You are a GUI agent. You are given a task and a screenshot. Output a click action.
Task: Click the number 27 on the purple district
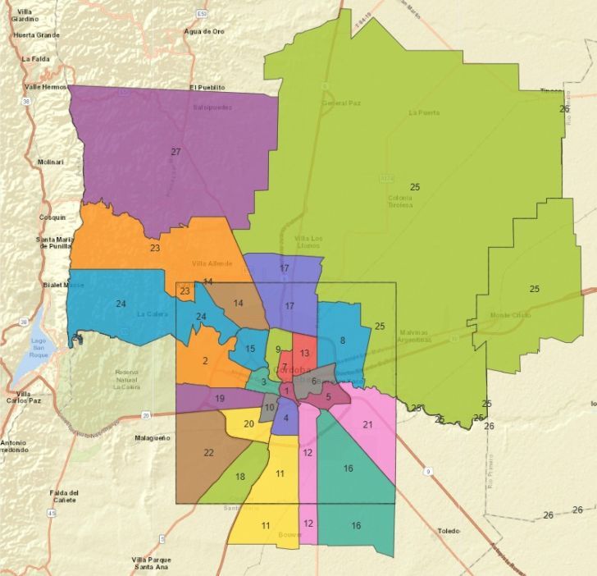point(175,152)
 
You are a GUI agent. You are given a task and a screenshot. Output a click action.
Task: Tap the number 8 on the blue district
point(342,340)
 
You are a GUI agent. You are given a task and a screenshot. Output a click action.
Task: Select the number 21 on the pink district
point(367,424)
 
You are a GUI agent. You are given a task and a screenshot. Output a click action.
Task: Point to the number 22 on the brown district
point(208,453)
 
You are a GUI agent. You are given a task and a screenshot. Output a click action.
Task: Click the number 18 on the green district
point(240,477)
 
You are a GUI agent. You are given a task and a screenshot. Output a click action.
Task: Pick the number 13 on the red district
point(304,353)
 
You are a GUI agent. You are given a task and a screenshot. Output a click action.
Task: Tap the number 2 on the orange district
point(205,360)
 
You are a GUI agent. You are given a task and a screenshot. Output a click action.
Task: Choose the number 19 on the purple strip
point(220,399)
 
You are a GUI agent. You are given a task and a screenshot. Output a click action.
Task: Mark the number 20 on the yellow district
point(248,423)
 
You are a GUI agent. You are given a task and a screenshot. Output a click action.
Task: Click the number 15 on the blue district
point(250,350)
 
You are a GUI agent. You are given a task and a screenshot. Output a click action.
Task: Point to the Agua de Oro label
point(204,31)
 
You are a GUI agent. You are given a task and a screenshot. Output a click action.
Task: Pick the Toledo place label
point(449,531)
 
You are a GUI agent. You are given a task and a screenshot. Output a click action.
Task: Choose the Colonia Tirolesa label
point(399,201)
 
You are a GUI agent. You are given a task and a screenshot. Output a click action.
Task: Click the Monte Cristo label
point(509,315)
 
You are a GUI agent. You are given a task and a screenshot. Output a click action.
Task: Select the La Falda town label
point(36,59)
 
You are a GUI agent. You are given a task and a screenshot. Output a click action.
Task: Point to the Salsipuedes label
point(212,107)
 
